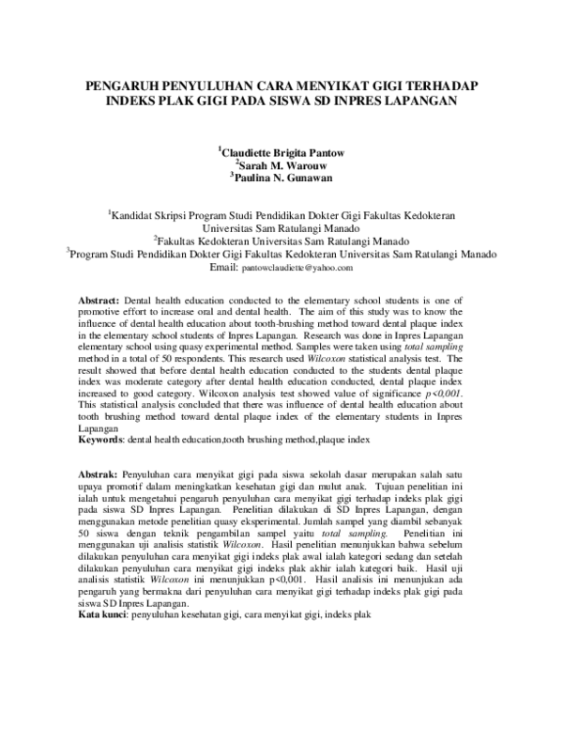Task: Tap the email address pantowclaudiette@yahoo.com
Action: click(x=297, y=268)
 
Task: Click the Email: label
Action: click(x=224, y=268)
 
